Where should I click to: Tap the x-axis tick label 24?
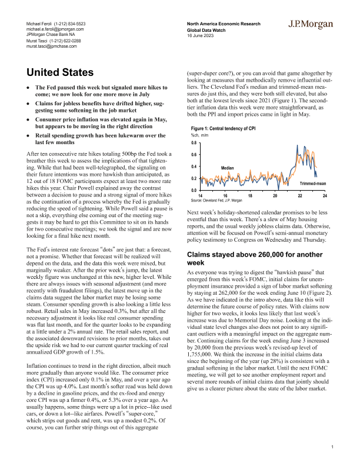point(325,195)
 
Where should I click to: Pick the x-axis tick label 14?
point(201,195)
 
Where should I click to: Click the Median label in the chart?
point(228,168)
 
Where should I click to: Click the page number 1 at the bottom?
point(332,448)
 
